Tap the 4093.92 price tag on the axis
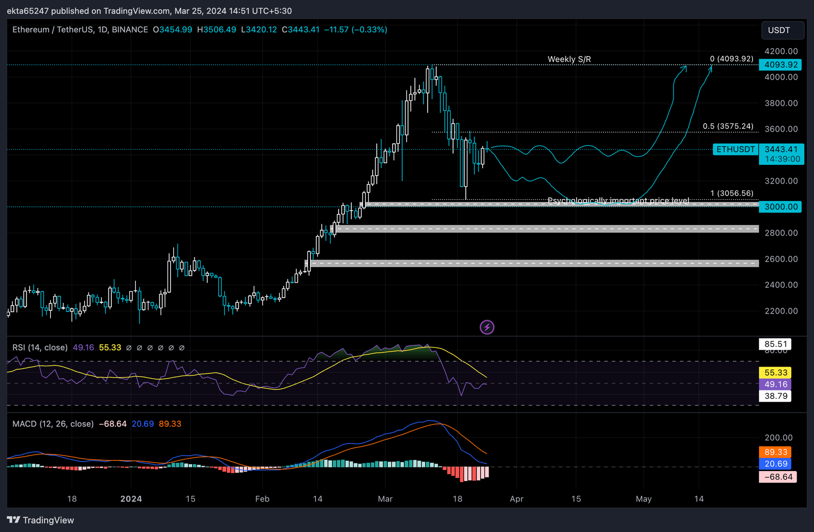(x=781, y=65)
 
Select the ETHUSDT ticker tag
(x=736, y=150)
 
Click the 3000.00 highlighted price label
(x=781, y=207)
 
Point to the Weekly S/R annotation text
(x=569, y=59)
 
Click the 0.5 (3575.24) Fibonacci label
(x=728, y=126)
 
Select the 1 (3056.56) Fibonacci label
(x=731, y=194)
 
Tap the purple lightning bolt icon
(x=487, y=327)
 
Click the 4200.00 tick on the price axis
(x=781, y=51)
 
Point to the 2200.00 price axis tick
(x=781, y=311)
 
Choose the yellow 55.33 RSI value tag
(x=776, y=373)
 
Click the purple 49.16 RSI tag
(x=776, y=385)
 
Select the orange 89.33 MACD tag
(x=776, y=452)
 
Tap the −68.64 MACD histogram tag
(x=777, y=477)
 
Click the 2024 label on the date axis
(x=131, y=499)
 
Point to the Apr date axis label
(x=517, y=499)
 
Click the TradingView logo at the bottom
(x=40, y=520)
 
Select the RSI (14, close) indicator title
(x=40, y=347)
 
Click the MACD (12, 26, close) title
(x=53, y=424)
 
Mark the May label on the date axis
(x=644, y=499)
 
